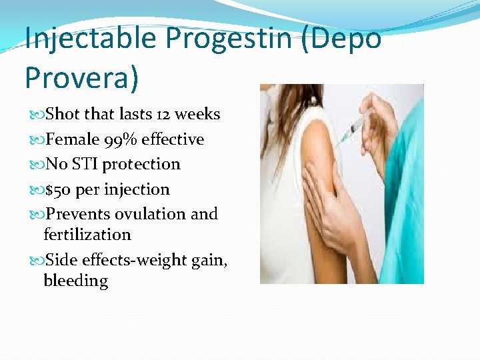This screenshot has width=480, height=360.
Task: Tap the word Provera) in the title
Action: coord(82,77)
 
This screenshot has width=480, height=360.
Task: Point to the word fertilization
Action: coord(87,235)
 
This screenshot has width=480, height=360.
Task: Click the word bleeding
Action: coord(75,281)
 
